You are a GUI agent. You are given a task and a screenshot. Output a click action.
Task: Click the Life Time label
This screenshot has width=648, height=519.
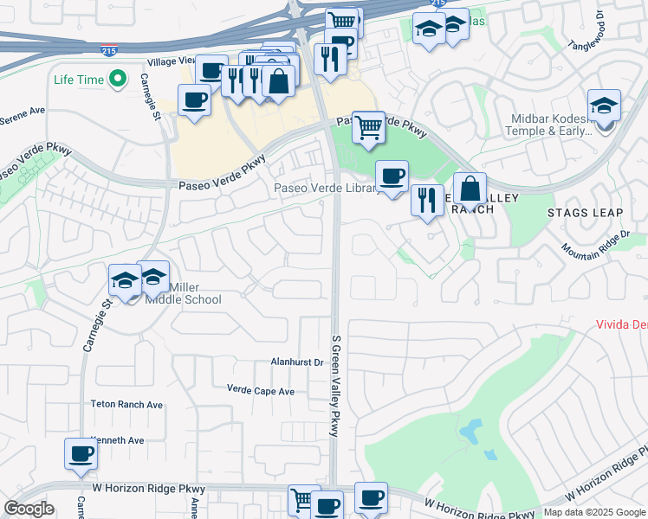tap(78, 80)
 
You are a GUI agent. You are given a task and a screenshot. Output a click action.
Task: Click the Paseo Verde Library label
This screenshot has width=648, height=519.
tap(326, 188)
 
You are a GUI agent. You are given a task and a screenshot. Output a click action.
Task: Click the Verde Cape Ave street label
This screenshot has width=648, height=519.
tap(261, 391)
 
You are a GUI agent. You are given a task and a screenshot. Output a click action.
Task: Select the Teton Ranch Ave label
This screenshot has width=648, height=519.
tap(126, 404)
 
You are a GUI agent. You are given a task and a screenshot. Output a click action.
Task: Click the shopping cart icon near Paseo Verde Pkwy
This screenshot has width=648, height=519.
tap(368, 126)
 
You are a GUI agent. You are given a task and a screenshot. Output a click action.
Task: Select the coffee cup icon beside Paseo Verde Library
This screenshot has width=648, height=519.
tap(392, 176)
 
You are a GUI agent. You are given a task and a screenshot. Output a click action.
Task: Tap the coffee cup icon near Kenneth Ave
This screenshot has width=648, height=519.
tap(81, 453)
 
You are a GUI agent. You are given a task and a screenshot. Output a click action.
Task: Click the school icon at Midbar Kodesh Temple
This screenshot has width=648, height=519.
tap(604, 106)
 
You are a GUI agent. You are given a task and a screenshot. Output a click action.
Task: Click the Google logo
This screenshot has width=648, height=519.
tap(29, 509)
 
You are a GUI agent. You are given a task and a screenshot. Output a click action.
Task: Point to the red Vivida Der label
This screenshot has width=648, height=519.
tap(621, 324)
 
